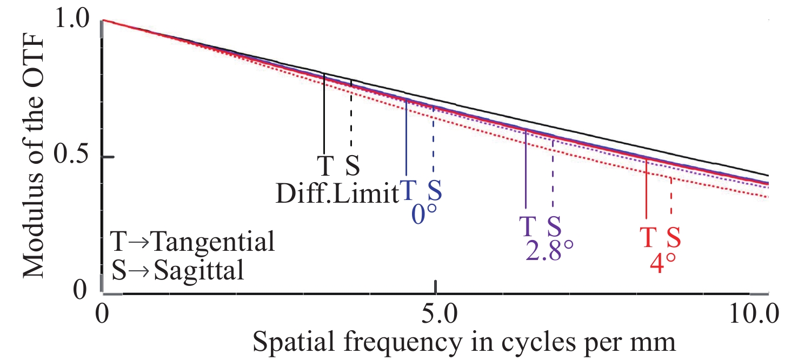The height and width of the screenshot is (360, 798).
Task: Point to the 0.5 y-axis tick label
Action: pos(74,157)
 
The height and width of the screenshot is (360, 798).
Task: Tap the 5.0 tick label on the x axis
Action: pos(435,314)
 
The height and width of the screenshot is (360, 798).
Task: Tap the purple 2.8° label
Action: pos(549,250)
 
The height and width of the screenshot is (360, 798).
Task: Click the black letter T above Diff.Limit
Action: pos(325,167)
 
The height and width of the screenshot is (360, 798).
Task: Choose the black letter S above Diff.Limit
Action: pos(351,167)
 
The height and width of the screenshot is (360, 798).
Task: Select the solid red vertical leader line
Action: pos(647,189)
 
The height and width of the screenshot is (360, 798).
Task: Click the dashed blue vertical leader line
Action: pos(433,141)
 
